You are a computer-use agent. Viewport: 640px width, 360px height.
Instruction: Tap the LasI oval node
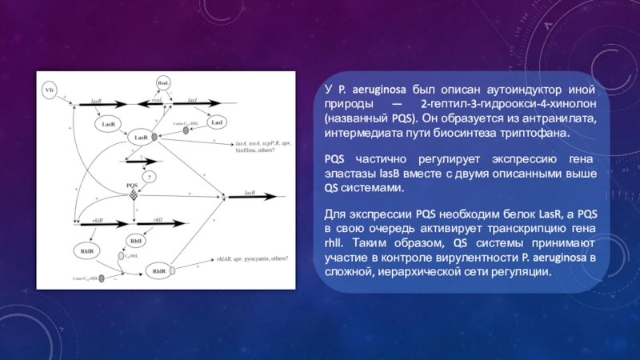(x=216, y=123)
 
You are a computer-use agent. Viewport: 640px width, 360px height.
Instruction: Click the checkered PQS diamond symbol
(x=134, y=194)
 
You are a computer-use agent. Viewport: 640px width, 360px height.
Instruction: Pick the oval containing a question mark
(x=150, y=177)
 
